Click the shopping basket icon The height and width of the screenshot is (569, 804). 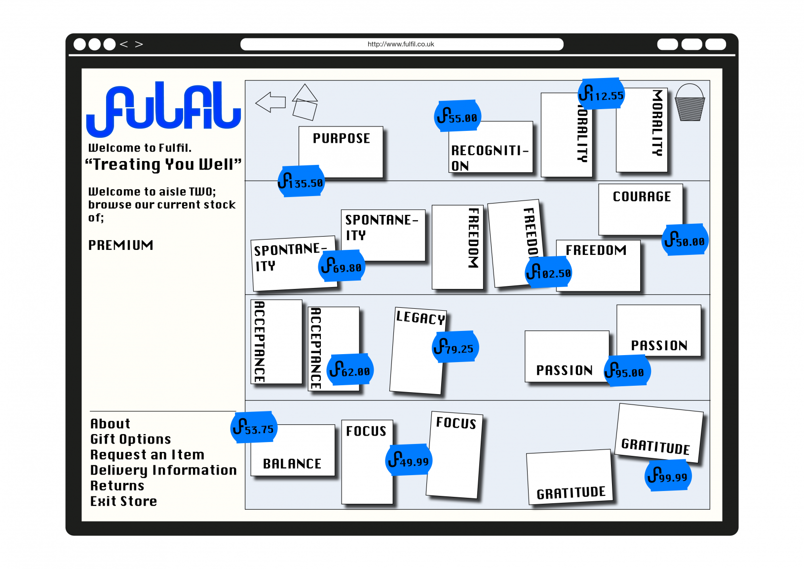click(x=689, y=103)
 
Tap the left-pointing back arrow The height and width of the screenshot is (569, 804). click(x=270, y=102)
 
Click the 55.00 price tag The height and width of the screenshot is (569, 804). click(x=458, y=117)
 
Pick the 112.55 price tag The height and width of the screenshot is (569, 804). click(x=601, y=94)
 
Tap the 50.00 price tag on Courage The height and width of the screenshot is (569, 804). click(x=685, y=240)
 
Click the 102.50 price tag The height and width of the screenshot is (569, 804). click(x=548, y=272)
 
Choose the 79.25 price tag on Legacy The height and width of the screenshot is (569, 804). click(x=455, y=347)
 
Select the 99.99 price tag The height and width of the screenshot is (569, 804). click(x=668, y=476)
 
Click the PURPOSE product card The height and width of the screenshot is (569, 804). click(x=341, y=148)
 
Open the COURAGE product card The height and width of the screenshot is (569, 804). click(x=641, y=207)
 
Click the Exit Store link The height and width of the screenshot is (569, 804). click(x=123, y=501)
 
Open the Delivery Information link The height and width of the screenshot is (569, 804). click(x=163, y=470)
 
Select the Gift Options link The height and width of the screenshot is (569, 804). click(x=130, y=439)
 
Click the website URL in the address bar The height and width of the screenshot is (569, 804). click(x=401, y=44)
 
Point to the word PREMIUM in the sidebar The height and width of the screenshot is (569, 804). click(x=120, y=245)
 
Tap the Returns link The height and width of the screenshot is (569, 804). click(x=117, y=486)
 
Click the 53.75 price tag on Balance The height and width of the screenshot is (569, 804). click(x=254, y=428)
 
